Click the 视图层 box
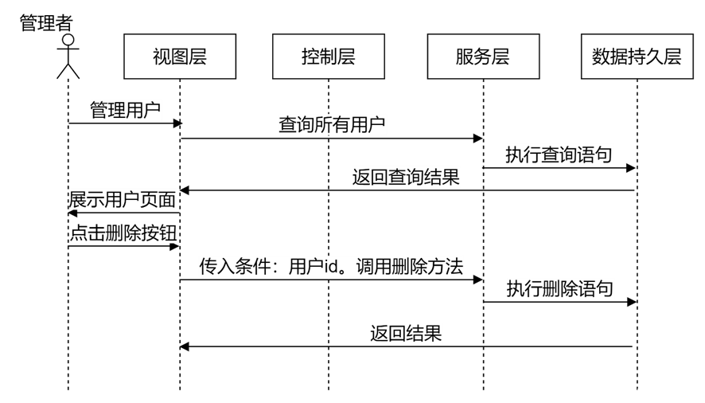click(180, 57)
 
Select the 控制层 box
click(328, 57)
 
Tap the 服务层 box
click(483, 57)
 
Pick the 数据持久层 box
click(637, 57)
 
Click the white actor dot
click(68, 40)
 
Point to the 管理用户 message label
click(126, 110)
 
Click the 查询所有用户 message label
click(333, 124)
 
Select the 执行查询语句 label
click(559, 155)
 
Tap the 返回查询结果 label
click(406, 177)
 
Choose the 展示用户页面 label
click(123, 199)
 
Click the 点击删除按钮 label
click(123, 233)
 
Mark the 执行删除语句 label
click(560, 288)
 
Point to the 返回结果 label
click(406, 333)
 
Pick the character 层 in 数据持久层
click(672, 57)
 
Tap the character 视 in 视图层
click(162, 57)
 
